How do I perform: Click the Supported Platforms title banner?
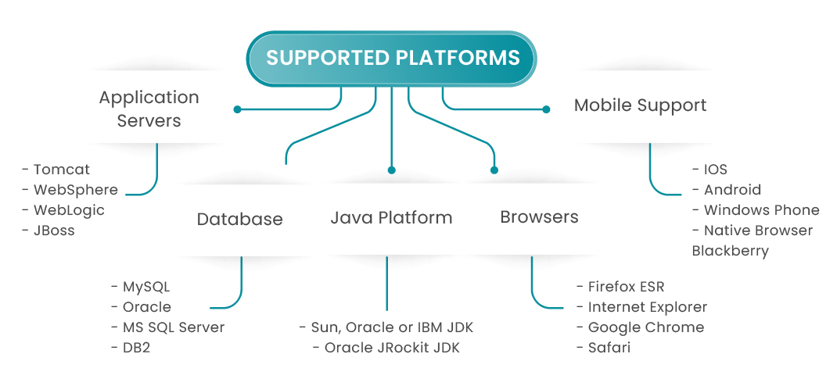point(392,58)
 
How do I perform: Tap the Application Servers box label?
point(149,109)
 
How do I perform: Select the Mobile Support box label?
point(640,105)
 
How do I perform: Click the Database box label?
point(239,219)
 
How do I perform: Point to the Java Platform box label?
point(391,217)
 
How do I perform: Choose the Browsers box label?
point(539,217)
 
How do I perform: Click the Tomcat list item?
point(61,170)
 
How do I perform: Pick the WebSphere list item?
point(75,190)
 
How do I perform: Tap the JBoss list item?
point(54,231)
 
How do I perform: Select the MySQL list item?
point(145,287)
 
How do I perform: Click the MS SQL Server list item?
point(173,327)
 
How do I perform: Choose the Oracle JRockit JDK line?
point(391,348)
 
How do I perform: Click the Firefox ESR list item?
point(626,287)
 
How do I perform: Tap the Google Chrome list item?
point(645,327)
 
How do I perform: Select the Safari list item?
point(609,348)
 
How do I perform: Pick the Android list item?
point(732,190)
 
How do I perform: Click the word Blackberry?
point(730,251)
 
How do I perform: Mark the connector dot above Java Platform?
point(391,170)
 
